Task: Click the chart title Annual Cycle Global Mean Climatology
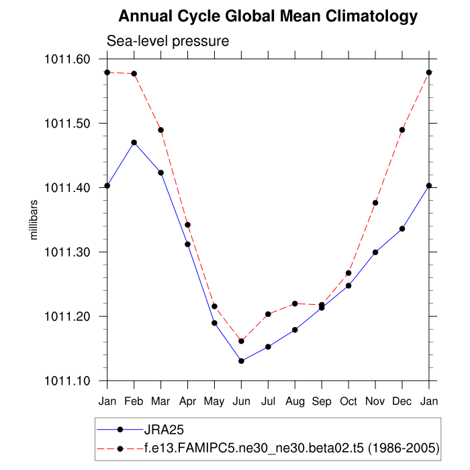(268, 16)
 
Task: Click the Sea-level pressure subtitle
(168, 41)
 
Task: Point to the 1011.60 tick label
(67, 59)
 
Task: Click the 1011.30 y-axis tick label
(67, 252)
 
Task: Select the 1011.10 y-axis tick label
(67, 381)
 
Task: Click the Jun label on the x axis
(241, 400)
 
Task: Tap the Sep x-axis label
(322, 400)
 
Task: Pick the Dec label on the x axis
(402, 400)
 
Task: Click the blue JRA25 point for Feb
(134, 142)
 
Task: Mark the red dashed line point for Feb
(134, 74)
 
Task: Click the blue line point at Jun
(241, 361)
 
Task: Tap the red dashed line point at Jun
(241, 341)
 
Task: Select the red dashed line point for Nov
(375, 203)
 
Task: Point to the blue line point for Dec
(402, 229)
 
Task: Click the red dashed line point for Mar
(161, 130)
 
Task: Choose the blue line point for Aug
(295, 330)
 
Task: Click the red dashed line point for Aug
(295, 303)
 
